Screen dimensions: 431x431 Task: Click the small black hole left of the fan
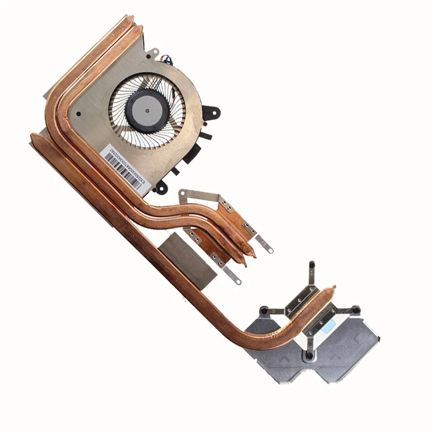79,114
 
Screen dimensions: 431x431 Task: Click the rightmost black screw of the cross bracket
356,310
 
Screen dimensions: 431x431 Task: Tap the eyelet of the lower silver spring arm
235,281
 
